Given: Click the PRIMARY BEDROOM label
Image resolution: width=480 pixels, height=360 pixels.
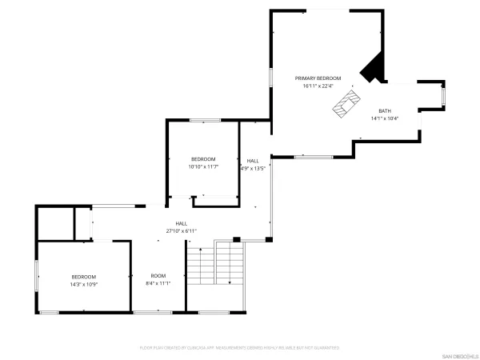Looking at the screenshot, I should tap(318, 78).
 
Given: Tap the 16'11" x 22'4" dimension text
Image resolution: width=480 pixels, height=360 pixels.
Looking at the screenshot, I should tap(318, 86).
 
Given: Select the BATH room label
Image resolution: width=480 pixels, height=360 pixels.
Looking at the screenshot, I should tap(385, 111).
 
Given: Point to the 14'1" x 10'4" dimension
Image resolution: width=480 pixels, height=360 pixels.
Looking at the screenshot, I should tap(385, 118).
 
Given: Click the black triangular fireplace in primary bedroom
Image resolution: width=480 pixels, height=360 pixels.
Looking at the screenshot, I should tap(373, 70).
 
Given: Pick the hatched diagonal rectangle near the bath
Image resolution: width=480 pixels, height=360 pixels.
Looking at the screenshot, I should tap(346, 102).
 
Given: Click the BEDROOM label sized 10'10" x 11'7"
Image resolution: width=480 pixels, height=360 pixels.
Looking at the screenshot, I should tap(202, 159).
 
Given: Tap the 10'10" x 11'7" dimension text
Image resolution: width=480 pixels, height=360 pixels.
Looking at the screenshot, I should tap(202, 166).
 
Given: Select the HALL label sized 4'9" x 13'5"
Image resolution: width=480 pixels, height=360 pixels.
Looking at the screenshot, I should tap(253, 161).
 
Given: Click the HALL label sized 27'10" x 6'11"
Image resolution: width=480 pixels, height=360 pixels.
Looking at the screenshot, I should tap(181, 223).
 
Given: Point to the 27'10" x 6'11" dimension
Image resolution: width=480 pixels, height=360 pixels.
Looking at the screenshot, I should tap(181, 230).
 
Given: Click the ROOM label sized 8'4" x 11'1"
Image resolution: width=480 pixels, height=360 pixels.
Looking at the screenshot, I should tap(158, 275).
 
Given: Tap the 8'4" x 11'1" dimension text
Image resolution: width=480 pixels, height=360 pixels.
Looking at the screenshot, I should tap(158, 282).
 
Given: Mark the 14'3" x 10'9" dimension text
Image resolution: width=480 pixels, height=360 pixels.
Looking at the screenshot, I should tap(84, 282).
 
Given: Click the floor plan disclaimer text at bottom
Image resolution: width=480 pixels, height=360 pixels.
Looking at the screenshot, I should tap(239, 348).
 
